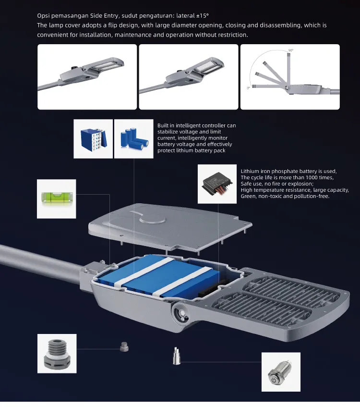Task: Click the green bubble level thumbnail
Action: pos(57,199)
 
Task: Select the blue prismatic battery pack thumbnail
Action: pos(93,139)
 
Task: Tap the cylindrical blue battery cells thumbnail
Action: pos(134,139)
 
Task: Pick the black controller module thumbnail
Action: pos(217,184)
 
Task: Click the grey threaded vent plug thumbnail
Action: pos(57,354)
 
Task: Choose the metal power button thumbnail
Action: pos(281,372)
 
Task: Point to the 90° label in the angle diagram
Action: pos(291,50)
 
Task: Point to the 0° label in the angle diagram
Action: pos(249,88)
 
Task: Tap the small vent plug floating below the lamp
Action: pos(124,347)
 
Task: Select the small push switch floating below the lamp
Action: pos(176,356)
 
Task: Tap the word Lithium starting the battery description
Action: pos(250,172)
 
